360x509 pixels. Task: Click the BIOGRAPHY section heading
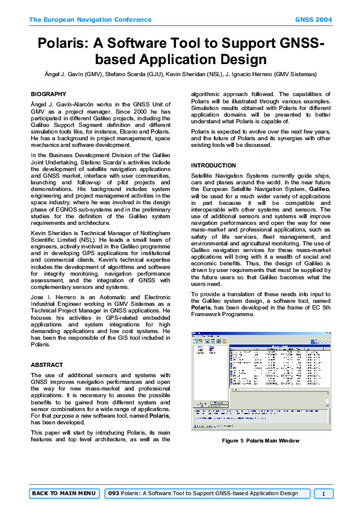[48, 94]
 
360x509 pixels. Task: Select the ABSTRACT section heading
[47, 365]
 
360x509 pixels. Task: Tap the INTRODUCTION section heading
[214, 165]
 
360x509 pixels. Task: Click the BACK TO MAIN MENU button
[64, 493]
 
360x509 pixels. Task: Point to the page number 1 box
[324, 493]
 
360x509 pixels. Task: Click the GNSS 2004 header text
[313, 20]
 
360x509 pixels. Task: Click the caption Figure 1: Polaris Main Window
[260, 441]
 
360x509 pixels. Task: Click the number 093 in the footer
[113, 493]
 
